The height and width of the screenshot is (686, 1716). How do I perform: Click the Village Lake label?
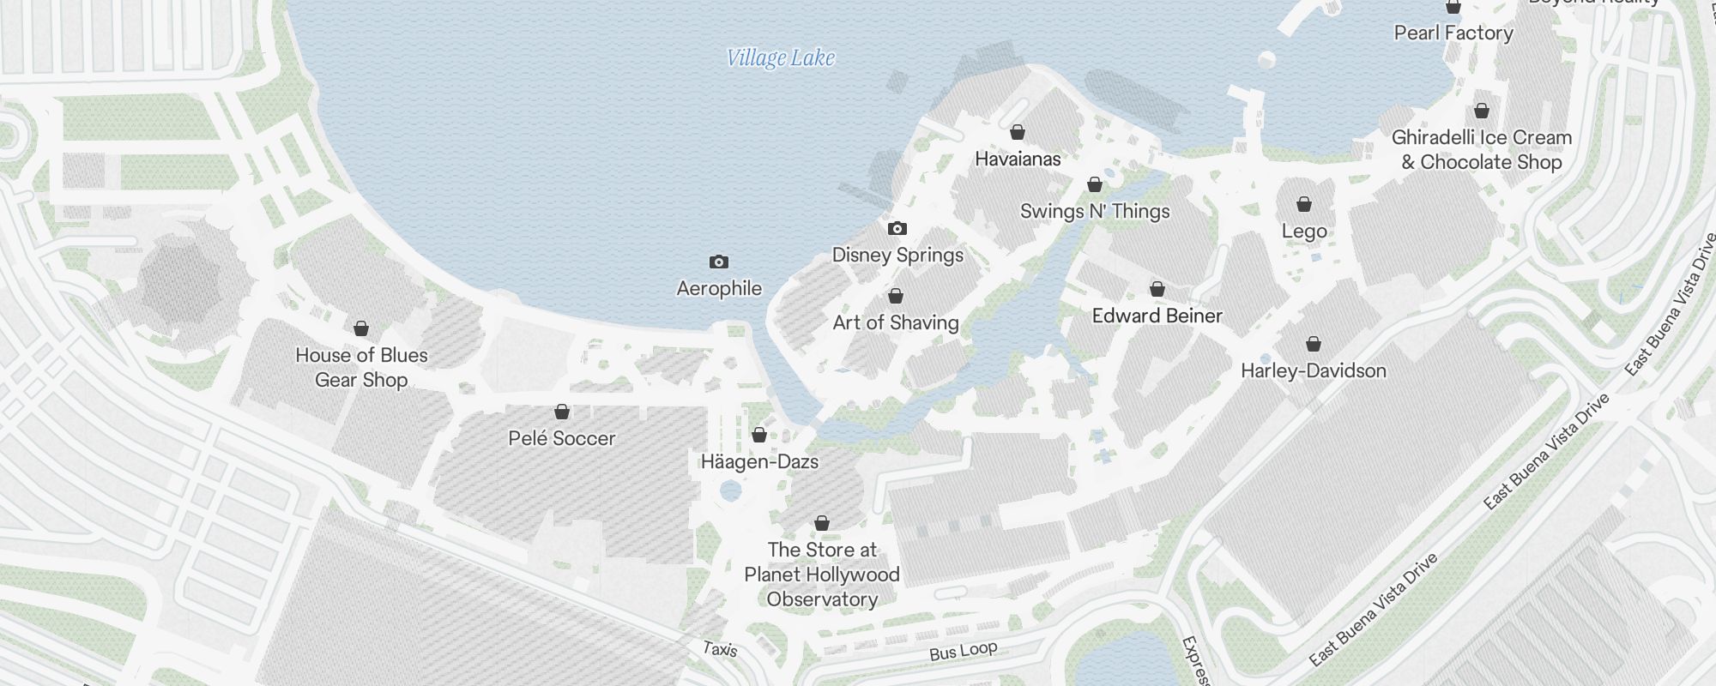tap(780, 57)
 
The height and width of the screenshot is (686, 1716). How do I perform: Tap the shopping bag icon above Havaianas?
tap(1018, 132)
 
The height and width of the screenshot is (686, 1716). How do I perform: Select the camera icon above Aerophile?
tap(719, 262)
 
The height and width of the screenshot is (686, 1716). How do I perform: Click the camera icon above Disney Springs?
tap(897, 228)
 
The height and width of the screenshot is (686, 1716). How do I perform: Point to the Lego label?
tap(1304, 231)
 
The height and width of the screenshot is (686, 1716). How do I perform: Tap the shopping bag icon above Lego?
tap(1304, 204)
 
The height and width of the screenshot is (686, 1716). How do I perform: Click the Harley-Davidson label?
tap(1313, 370)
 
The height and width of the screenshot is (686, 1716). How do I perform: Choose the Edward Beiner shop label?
tap(1157, 316)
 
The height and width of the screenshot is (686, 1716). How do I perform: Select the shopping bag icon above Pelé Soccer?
tap(562, 412)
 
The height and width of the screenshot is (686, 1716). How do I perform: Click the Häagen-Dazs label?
tap(759, 461)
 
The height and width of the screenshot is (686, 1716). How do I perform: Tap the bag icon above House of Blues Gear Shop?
tap(361, 328)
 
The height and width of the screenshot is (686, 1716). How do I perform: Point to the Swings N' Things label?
tap(1095, 211)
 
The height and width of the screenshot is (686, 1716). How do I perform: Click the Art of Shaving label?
tap(896, 322)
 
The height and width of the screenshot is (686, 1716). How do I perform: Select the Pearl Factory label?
tap(1453, 33)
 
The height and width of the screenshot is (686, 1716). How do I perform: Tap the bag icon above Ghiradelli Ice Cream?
tap(1482, 111)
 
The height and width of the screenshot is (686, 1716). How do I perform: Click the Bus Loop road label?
tap(963, 651)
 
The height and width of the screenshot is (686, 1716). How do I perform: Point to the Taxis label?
tap(720, 649)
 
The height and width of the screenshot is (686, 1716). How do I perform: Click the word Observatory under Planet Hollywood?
tap(822, 599)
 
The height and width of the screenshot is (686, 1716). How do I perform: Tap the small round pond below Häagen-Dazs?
tap(730, 491)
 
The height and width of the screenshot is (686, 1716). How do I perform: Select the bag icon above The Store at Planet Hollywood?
tap(822, 523)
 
